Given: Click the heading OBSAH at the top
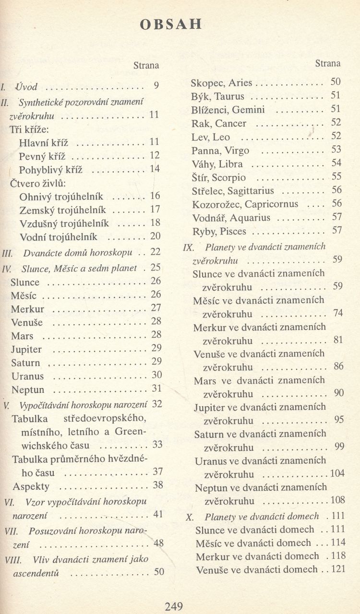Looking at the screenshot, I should pos(170,25).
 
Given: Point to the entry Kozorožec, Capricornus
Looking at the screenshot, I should pos(245,204).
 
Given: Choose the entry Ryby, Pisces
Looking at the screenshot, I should pos(218,232).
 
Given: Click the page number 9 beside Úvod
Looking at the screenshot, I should pos(156,86).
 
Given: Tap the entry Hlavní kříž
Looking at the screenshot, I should pos(44,142).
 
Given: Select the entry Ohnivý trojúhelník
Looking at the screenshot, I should pos(63,197).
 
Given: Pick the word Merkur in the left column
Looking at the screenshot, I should pos(27,309).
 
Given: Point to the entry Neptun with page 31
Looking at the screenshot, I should pos(27,390).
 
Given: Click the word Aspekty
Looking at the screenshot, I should pos(31,486).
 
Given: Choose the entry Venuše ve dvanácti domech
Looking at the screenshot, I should pos(256,570).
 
